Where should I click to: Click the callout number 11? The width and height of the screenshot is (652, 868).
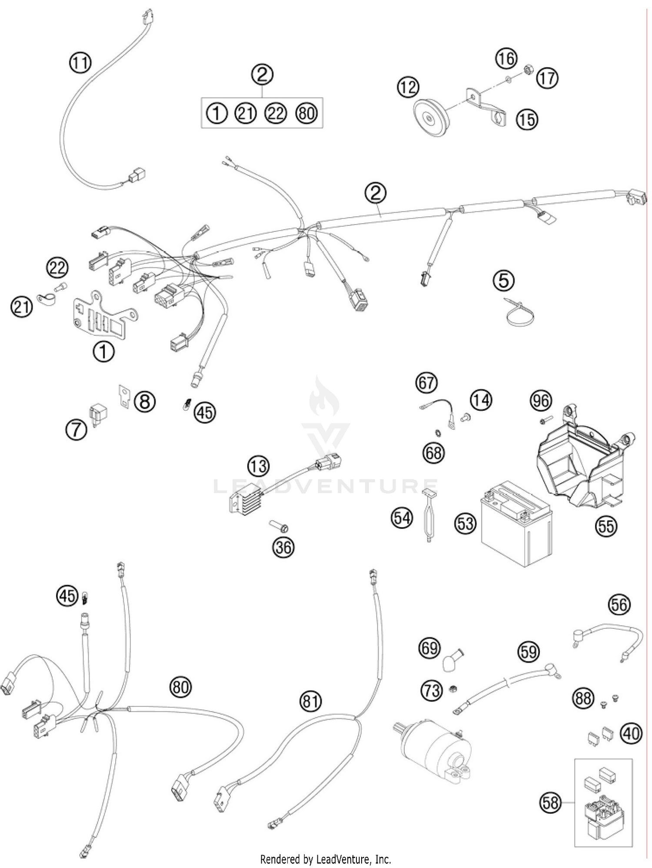coord(80,63)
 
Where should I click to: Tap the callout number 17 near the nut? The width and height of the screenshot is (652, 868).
coord(547,79)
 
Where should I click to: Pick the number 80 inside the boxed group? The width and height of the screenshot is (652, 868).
coord(306,113)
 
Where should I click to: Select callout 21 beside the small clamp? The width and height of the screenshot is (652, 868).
coord(21,307)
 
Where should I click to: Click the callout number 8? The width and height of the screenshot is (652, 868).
coord(145,401)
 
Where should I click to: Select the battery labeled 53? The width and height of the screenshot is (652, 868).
coord(515,528)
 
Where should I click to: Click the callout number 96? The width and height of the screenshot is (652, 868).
coord(541,401)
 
